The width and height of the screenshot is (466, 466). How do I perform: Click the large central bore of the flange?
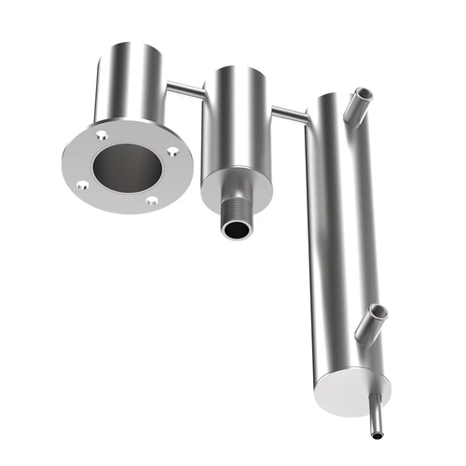point(127,167)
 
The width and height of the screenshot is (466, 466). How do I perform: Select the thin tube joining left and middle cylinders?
point(185,89)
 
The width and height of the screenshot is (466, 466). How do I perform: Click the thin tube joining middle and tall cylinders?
point(288,115)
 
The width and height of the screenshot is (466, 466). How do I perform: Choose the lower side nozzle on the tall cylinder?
point(373,322)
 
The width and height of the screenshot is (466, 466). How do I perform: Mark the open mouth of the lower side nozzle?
point(378,309)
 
